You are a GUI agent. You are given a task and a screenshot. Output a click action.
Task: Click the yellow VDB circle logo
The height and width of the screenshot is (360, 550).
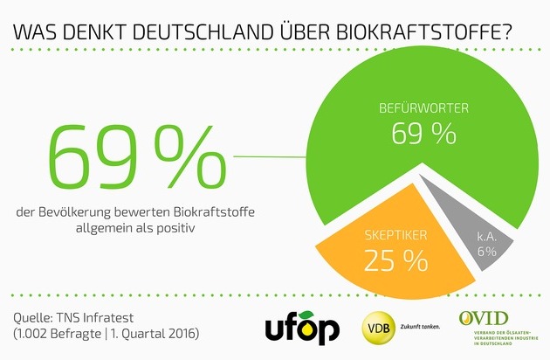(x=377, y=328)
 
